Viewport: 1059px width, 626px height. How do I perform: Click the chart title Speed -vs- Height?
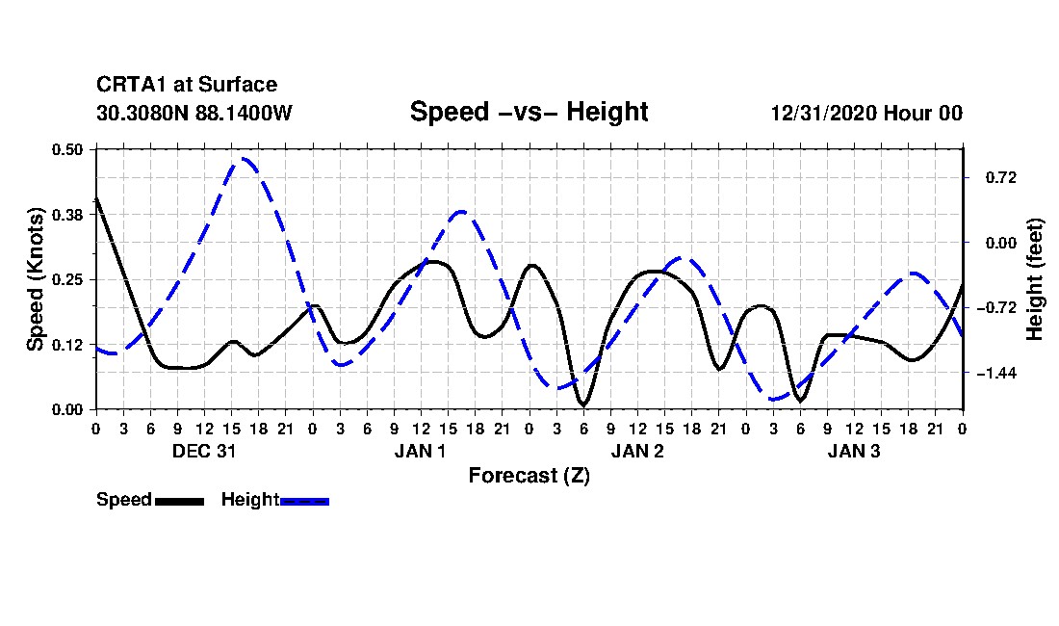[529, 112]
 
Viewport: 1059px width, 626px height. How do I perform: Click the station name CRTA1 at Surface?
[187, 85]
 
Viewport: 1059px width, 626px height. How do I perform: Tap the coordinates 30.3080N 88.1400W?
[194, 113]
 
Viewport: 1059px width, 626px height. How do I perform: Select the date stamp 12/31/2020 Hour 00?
[866, 113]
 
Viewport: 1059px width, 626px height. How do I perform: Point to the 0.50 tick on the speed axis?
[67, 149]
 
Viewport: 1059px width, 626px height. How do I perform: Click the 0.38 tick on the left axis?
[67, 215]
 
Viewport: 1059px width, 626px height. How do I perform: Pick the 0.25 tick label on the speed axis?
[67, 279]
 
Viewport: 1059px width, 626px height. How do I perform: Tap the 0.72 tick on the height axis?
[1001, 177]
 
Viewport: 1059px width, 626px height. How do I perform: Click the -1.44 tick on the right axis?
[996, 373]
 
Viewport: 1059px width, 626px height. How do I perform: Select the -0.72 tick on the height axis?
[996, 308]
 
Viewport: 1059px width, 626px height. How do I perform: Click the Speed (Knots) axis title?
[35, 279]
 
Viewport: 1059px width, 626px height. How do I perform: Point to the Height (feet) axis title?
[1035, 279]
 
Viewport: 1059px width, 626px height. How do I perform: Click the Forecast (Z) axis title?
[529, 476]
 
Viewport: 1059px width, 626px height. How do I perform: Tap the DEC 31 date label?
[204, 451]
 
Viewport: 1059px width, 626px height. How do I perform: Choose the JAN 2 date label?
[637, 451]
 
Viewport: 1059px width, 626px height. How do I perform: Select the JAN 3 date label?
[854, 451]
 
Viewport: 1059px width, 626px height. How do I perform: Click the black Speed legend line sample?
[179, 502]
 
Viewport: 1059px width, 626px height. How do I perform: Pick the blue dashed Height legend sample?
[304, 502]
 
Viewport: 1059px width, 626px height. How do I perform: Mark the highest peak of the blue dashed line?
[244, 159]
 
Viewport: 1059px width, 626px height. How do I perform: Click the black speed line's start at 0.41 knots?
[96, 198]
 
